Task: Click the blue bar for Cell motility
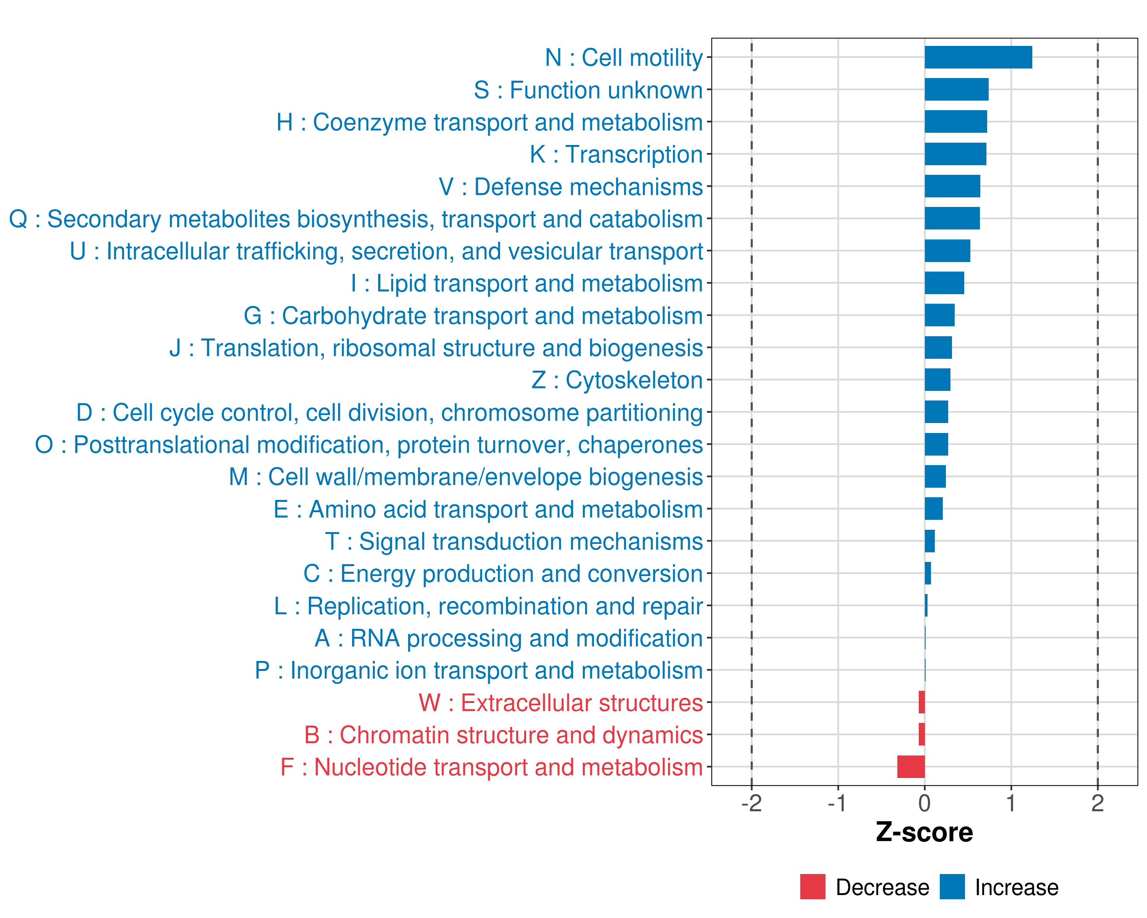point(978,57)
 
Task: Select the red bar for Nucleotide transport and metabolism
point(911,767)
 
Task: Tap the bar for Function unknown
point(956,90)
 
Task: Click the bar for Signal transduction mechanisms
point(929,541)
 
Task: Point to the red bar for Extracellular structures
point(921,703)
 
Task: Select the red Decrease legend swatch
point(812,887)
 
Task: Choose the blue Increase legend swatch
point(952,887)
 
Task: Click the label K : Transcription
point(616,154)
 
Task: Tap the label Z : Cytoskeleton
point(617,380)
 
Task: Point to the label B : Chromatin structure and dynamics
point(503,735)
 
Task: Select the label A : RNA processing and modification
point(509,638)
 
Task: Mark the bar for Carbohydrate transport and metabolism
point(939,315)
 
